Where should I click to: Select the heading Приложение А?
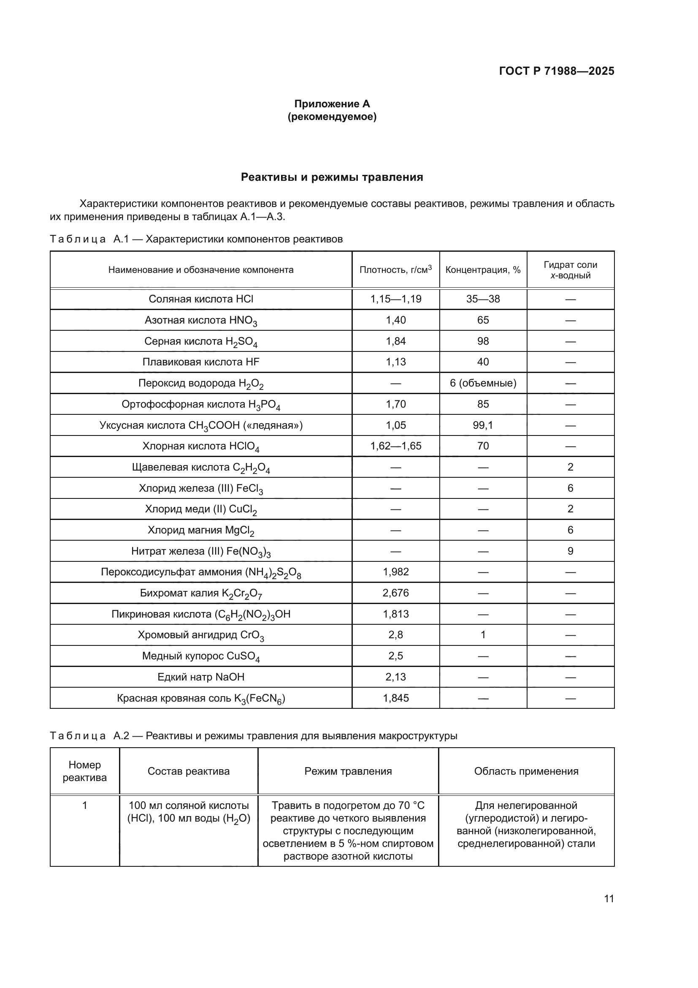pos(332,104)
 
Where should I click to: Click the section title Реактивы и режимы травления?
pos(332,177)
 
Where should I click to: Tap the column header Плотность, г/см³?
pos(395,270)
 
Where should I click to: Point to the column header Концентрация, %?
pos(483,270)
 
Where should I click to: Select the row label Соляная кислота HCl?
pos(201,299)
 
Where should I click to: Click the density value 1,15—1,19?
pos(395,299)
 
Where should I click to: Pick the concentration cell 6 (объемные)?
pos(483,383)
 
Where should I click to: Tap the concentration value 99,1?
pos(483,425)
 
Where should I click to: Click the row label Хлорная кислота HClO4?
pos(201,446)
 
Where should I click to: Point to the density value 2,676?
pos(395,593)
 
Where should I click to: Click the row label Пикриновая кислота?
pos(201,614)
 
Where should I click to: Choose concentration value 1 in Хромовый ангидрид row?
pos(483,635)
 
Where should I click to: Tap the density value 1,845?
pos(395,698)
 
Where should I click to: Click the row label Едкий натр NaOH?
pos(201,677)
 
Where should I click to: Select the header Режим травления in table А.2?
pos(348,771)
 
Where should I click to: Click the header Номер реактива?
pos(85,771)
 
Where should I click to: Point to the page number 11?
pos(609,898)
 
